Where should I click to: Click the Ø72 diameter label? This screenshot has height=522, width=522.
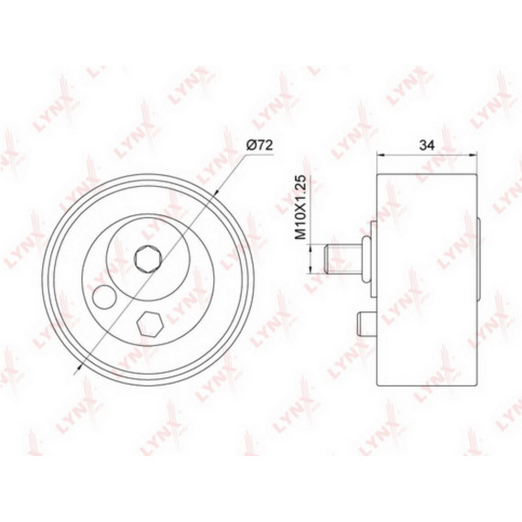click(x=260, y=145)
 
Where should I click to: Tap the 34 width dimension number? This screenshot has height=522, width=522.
click(x=427, y=145)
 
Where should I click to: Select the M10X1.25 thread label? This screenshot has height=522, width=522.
click(x=300, y=207)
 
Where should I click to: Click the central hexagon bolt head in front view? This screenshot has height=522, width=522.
click(x=147, y=258)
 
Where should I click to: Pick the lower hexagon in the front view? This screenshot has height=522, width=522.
click(x=150, y=324)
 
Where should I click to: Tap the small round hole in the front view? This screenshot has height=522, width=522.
click(x=104, y=298)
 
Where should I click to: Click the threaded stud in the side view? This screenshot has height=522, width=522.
click(x=343, y=259)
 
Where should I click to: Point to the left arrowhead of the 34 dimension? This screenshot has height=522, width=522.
click(x=380, y=155)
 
